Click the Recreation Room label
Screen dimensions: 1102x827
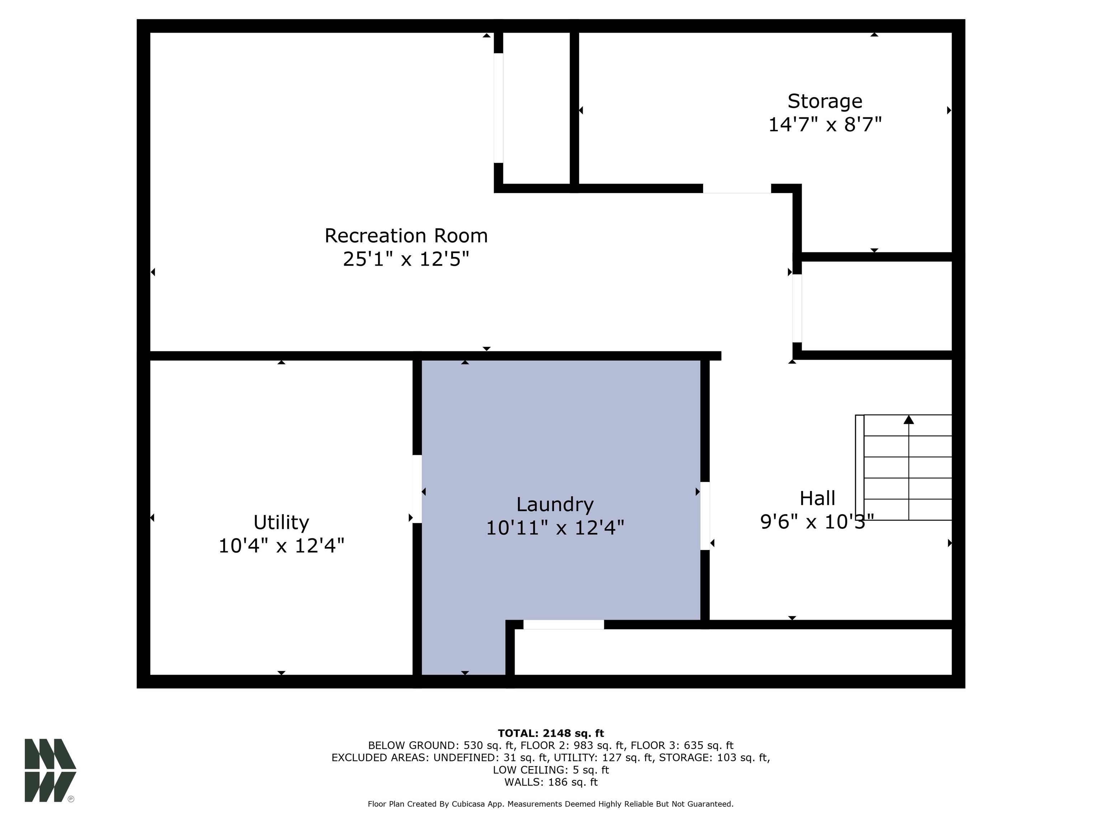[x=406, y=236]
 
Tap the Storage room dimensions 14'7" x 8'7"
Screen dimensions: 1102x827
[x=825, y=125]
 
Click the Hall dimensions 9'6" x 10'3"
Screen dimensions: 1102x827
[x=817, y=522]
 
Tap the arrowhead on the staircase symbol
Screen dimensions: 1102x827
[x=909, y=419]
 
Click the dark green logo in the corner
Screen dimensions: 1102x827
[x=50, y=770]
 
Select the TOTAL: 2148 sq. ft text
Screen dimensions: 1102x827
[x=551, y=733]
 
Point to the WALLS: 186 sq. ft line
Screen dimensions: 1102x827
[x=551, y=782]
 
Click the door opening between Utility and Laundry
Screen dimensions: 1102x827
[x=417, y=489]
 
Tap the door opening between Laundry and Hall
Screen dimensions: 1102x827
[x=705, y=516]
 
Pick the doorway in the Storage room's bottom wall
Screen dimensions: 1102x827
[x=737, y=188]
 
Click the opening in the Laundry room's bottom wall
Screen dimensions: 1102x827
[x=564, y=625]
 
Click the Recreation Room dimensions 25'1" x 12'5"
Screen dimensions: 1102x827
[x=406, y=259]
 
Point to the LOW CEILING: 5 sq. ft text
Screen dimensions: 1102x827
[x=551, y=770]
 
